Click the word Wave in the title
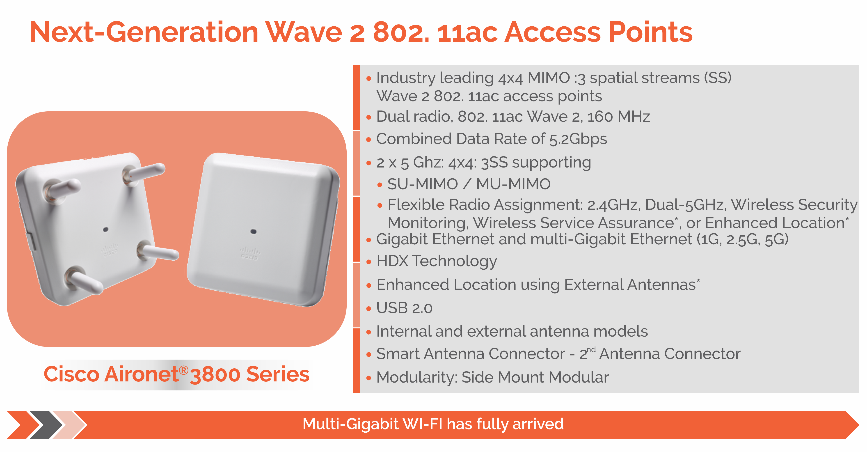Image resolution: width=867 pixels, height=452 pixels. tap(303, 32)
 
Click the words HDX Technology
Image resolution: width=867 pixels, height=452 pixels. tap(437, 262)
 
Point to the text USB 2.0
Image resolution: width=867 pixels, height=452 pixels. tap(404, 308)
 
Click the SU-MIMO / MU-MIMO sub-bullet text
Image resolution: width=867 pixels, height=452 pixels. tap(469, 184)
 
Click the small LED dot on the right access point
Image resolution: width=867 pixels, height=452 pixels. tap(254, 232)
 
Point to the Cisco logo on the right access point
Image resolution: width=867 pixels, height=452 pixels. tap(250, 253)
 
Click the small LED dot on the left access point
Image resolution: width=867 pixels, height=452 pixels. tap(105, 229)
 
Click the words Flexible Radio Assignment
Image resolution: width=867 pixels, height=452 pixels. tap(485, 205)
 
